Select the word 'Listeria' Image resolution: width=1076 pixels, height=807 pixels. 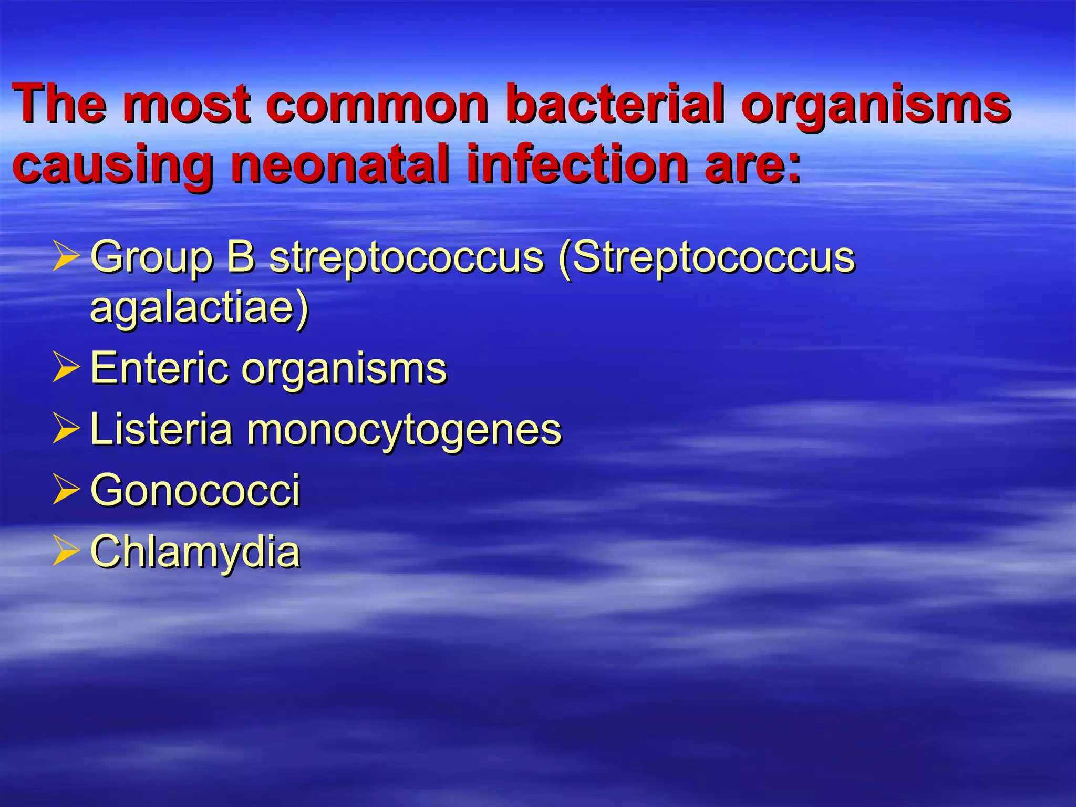tap(162, 429)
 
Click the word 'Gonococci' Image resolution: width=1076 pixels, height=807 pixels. tap(195, 490)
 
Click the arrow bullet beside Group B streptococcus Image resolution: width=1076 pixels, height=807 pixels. tap(66, 256)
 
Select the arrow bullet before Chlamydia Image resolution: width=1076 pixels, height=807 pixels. tap(66, 551)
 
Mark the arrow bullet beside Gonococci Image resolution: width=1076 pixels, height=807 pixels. tap(66, 490)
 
